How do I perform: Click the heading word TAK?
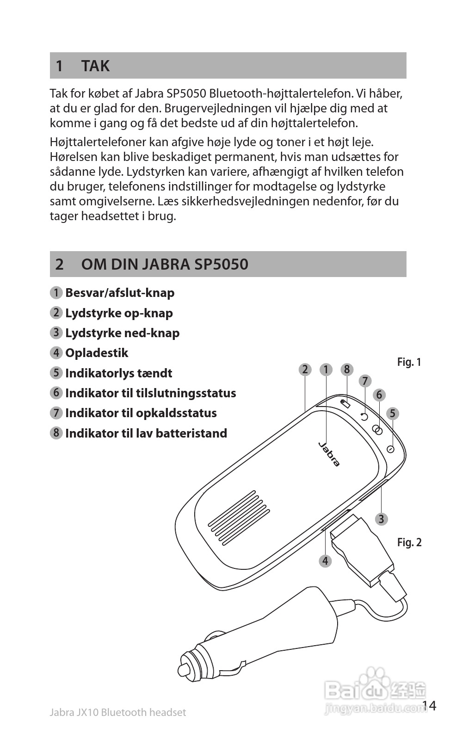tap(95, 66)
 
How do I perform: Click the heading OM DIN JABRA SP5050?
tap(165, 264)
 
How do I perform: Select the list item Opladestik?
tap(96, 353)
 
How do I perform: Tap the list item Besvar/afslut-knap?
tap(119, 293)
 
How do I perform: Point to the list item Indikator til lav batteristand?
tap(146, 433)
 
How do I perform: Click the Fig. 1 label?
tap(409, 362)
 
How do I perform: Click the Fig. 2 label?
tap(409, 542)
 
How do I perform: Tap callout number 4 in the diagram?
tap(325, 561)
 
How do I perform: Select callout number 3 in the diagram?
tap(381, 519)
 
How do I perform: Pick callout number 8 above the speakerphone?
tap(347, 370)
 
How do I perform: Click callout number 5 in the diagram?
tap(392, 413)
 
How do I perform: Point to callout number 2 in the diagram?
tap(305, 370)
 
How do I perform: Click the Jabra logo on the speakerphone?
tap(329, 454)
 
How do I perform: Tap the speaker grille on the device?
tap(239, 514)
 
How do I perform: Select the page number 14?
tap(429, 705)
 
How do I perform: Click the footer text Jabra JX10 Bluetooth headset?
tap(117, 713)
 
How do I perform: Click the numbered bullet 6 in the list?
tap(56, 393)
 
